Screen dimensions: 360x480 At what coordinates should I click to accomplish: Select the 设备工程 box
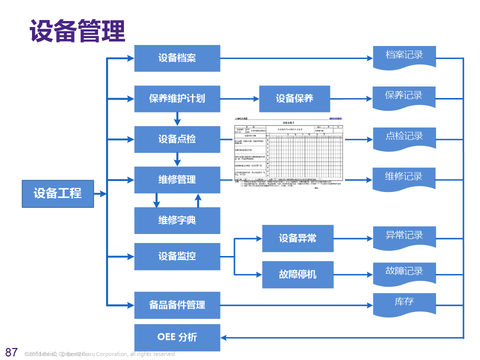57,193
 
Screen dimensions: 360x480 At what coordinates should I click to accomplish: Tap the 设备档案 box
177,58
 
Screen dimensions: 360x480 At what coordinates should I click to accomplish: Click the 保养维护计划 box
177,98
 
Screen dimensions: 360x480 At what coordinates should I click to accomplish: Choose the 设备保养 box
294,98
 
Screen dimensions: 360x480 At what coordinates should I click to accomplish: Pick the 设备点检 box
177,139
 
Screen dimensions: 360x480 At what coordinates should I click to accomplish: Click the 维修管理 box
177,179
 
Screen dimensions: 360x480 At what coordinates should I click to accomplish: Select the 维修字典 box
177,220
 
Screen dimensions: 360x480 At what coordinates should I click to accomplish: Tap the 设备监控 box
177,256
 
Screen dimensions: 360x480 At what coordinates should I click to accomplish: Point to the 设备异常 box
297,238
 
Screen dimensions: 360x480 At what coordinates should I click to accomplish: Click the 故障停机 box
297,274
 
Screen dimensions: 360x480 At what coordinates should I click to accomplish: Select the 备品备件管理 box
177,305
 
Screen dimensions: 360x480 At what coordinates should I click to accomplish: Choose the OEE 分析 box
177,337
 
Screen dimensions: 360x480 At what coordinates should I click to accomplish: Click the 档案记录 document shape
404,56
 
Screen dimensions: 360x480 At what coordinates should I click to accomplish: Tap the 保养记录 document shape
404,96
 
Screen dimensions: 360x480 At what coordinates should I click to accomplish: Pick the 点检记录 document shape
404,137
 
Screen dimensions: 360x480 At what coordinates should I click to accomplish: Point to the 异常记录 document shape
404,236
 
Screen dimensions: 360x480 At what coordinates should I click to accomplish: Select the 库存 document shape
404,303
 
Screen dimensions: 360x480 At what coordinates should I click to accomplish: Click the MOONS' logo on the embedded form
336,119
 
